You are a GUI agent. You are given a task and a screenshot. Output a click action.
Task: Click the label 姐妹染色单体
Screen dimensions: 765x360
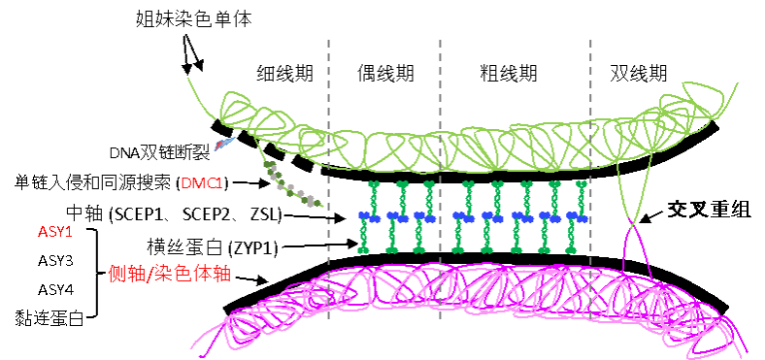(x=194, y=19)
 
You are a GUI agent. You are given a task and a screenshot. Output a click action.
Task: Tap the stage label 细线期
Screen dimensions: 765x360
(x=284, y=73)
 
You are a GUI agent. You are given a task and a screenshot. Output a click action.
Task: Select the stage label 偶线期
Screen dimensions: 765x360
(x=385, y=73)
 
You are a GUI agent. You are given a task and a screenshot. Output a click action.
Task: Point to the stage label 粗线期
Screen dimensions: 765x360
(x=508, y=73)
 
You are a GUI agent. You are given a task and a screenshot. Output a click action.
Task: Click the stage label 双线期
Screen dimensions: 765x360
(x=639, y=73)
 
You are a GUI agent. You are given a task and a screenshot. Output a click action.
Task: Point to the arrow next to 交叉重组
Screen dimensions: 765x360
(x=650, y=216)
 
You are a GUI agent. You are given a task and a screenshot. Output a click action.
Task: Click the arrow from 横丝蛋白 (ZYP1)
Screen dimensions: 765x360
(x=318, y=245)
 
